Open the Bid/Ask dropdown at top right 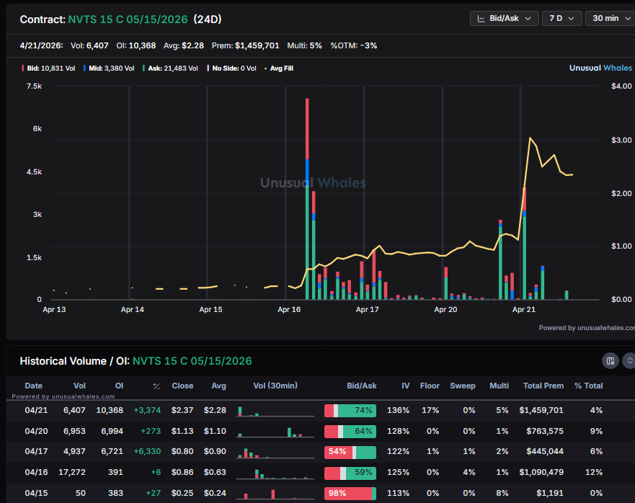(x=504, y=18)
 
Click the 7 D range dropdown (x=561, y=18)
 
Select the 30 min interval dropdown (x=610, y=18)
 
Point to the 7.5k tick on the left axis (x=34, y=86)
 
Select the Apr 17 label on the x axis (x=368, y=310)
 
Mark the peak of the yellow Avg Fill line (x=530, y=138)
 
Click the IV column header (x=405, y=386)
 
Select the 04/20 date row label (x=35, y=431)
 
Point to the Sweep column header (x=462, y=386)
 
